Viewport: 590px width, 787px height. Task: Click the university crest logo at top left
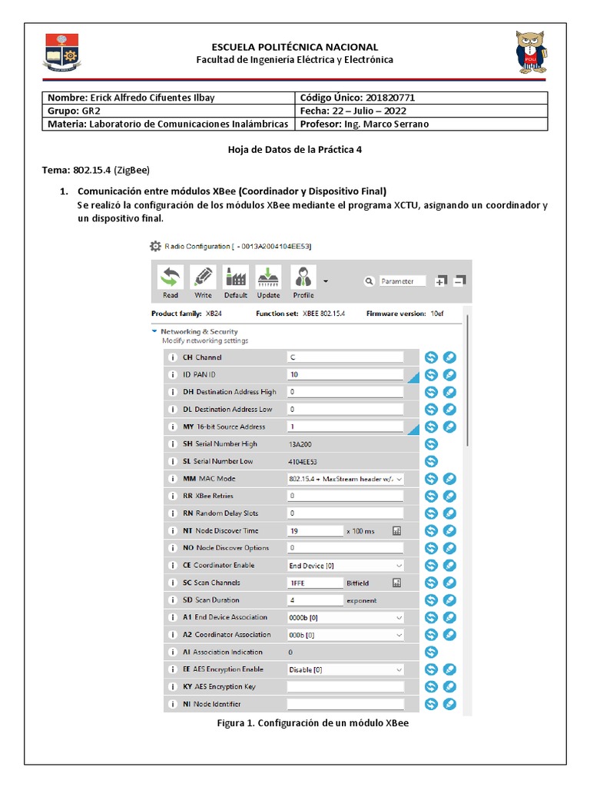pyautogui.click(x=62, y=53)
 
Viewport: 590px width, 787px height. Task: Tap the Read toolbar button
pyautogui.click(x=171, y=281)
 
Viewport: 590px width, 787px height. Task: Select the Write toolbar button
pyautogui.click(x=203, y=281)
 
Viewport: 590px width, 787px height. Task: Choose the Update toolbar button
pyautogui.click(x=268, y=281)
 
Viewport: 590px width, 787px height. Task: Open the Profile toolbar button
pyautogui.click(x=303, y=281)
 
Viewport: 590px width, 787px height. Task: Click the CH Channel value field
pyautogui.click(x=345, y=357)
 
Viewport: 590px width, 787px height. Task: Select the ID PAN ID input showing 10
pyautogui.click(x=345, y=375)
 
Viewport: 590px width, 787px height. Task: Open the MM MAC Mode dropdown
pyautogui.click(x=345, y=479)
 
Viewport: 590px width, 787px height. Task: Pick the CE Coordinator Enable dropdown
pyautogui.click(x=345, y=566)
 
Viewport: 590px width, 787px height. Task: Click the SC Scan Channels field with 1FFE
pyautogui.click(x=315, y=583)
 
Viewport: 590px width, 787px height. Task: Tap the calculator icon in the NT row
pyautogui.click(x=397, y=531)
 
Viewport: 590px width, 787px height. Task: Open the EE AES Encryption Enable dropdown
pyautogui.click(x=345, y=669)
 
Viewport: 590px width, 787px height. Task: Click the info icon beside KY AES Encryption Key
pyautogui.click(x=172, y=686)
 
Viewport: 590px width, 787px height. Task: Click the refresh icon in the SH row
pyautogui.click(x=431, y=444)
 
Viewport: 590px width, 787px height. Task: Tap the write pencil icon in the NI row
pyautogui.click(x=450, y=704)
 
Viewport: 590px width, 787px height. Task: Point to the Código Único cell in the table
pyautogui.click(x=421, y=98)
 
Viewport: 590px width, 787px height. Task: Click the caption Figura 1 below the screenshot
pyautogui.click(x=307, y=724)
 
